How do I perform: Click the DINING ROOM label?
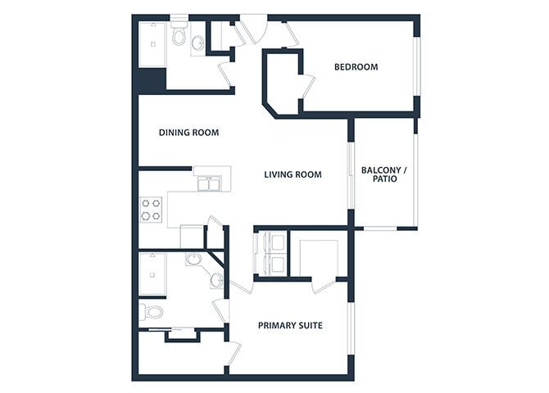188,132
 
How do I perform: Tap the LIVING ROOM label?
293,174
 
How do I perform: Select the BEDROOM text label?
356,67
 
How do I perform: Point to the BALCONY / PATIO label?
383,174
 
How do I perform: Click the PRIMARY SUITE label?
290,326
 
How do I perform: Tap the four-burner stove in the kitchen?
150,210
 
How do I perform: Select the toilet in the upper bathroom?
178,36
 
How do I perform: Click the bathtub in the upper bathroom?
152,44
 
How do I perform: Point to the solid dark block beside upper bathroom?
152,81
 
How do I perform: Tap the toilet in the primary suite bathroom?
152,312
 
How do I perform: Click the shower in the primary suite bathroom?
152,273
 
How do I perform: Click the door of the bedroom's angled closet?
308,86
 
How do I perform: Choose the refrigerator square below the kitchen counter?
192,236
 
